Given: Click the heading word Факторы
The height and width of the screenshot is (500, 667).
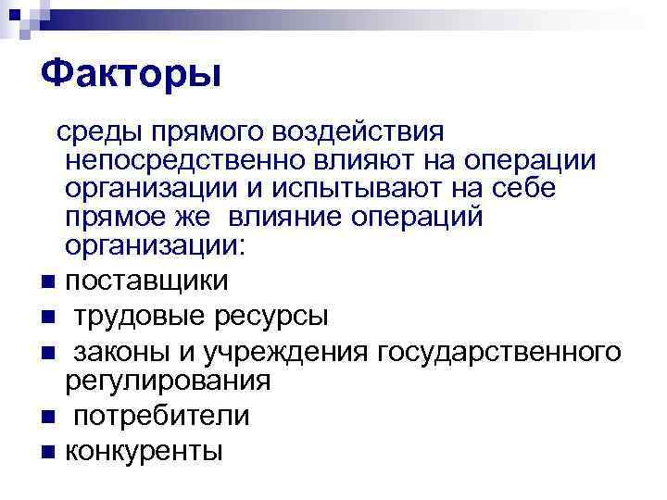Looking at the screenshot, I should click(x=130, y=72).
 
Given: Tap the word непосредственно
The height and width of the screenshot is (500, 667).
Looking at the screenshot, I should click(x=185, y=163).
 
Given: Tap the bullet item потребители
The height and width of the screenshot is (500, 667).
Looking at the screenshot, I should click(x=162, y=416).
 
